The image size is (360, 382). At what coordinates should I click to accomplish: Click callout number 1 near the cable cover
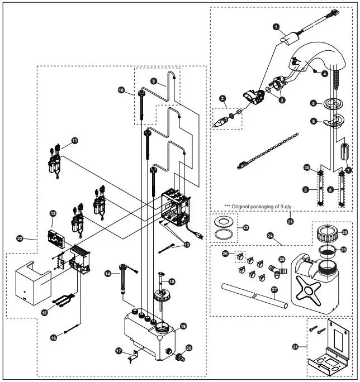(x=276, y=26)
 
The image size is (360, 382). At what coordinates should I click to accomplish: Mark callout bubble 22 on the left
(x=20, y=238)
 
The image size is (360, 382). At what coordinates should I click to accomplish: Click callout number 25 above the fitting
(x=282, y=260)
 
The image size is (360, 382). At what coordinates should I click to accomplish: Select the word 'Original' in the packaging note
(x=247, y=206)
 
